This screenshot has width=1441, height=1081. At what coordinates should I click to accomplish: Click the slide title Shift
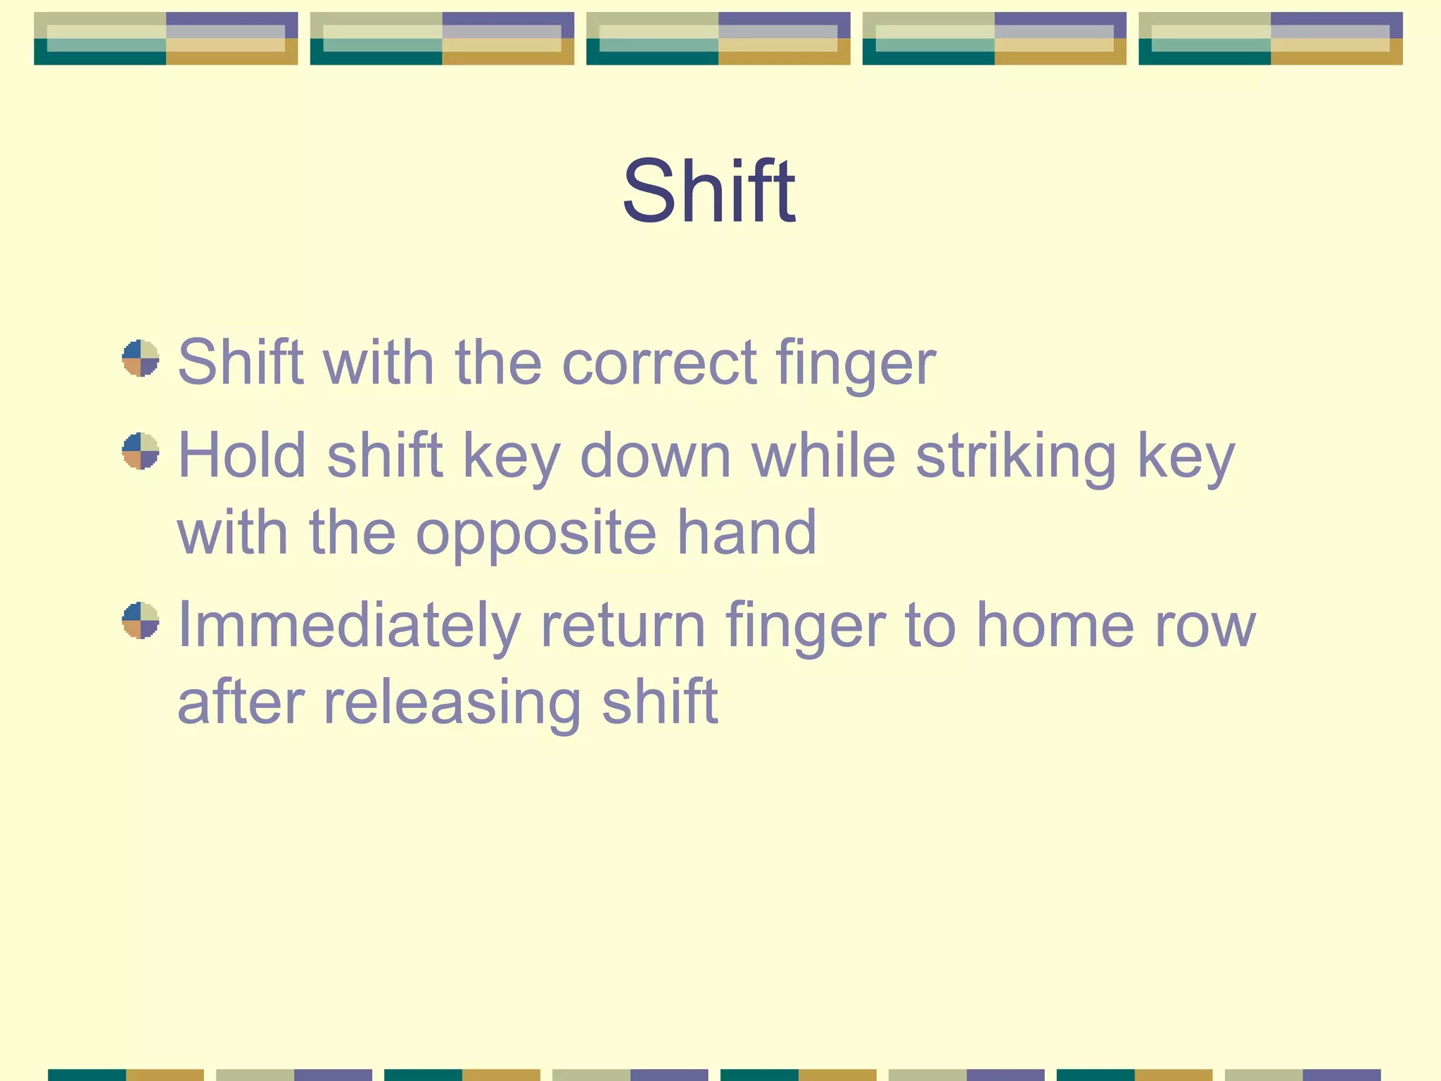709,191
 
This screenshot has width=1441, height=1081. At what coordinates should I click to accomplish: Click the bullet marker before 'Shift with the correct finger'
141,358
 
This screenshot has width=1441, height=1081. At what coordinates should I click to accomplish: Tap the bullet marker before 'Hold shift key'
141,450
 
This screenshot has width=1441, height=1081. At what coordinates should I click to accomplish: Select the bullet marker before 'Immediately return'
141,620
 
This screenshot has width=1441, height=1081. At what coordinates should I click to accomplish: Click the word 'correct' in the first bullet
659,362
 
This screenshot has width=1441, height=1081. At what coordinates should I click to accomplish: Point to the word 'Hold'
242,455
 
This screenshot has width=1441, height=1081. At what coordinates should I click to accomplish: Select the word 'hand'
747,532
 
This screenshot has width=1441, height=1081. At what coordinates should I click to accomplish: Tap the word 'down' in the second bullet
656,456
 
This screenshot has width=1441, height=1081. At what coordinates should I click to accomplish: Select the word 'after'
241,702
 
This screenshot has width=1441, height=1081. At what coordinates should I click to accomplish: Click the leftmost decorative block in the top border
166,39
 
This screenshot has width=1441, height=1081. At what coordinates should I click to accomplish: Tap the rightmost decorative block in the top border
1271,39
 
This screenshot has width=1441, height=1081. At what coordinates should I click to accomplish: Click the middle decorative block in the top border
718,39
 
